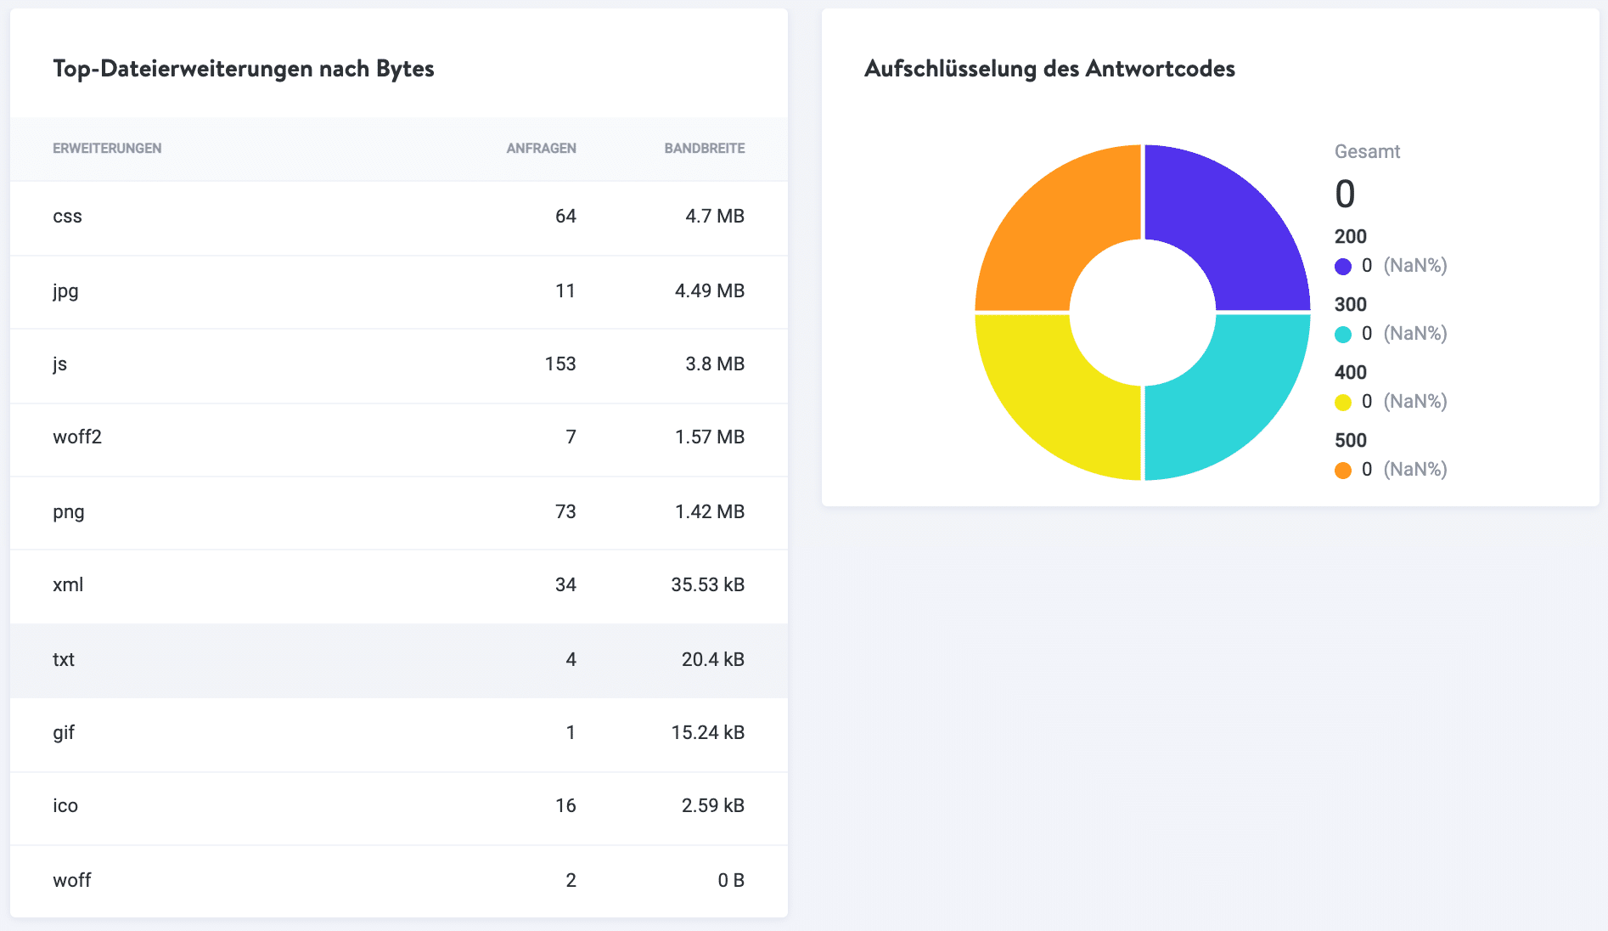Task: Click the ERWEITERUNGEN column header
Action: (107, 148)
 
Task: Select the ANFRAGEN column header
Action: (541, 148)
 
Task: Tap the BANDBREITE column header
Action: (704, 148)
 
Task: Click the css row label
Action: (67, 217)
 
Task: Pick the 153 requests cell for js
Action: (559, 364)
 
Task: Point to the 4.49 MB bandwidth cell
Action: (709, 291)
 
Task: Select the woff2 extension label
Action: (77, 437)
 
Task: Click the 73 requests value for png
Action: (565, 511)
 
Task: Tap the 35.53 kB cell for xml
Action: (707, 584)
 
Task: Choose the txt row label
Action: (64, 659)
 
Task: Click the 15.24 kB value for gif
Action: (707, 732)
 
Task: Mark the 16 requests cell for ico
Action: (565, 805)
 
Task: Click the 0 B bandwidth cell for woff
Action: (730, 880)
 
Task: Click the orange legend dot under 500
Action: (1342, 470)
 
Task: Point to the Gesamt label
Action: (1367, 152)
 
